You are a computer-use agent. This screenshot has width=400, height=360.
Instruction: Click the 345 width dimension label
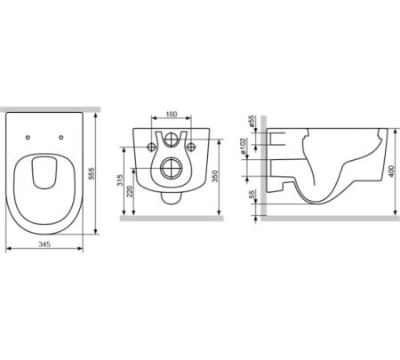(x=44, y=244)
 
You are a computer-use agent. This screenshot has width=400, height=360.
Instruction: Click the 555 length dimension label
(x=92, y=173)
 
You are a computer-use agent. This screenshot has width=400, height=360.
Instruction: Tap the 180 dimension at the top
(x=172, y=114)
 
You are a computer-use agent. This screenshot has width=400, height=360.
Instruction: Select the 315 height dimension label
(x=120, y=180)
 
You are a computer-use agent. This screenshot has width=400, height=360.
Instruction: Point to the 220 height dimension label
(x=130, y=191)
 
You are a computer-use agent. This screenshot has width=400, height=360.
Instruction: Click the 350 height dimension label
(x=215, y=176)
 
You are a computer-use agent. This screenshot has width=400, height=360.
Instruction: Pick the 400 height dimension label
(x=391, y=172)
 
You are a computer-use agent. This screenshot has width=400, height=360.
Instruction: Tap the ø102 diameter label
(x=244, y=146)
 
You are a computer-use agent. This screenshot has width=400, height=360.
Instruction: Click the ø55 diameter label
(x=252, y=121)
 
